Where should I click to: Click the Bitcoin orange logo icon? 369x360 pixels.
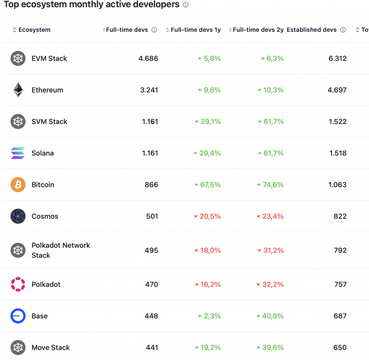pos(18,185)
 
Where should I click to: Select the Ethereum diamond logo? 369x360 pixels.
pos(18,90)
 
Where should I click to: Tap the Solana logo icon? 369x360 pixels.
pos(18,153)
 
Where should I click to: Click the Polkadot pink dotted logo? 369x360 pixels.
pos(18,284)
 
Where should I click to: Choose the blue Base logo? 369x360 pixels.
pos(18,316)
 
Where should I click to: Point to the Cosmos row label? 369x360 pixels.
pos(45,216)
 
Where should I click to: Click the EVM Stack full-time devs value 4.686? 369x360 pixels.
pos(148,58)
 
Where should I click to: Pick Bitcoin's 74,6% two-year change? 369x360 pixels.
pos(273,185)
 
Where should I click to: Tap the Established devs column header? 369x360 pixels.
pos(312,30)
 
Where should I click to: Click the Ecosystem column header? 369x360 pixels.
pos(34,30)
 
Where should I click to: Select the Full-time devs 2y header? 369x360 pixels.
pos(258,30)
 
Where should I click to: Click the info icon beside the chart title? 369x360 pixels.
pos(186,5)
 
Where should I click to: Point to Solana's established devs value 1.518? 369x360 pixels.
pos(338,153)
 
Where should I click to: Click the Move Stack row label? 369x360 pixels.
pos(50,348)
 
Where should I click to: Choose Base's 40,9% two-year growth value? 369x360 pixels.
pos(273,316)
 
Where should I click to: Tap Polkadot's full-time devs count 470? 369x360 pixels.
pos(151,284)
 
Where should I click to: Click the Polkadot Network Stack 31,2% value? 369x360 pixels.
pos(273,250)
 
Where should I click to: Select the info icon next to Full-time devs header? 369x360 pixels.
pos(154,30)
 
